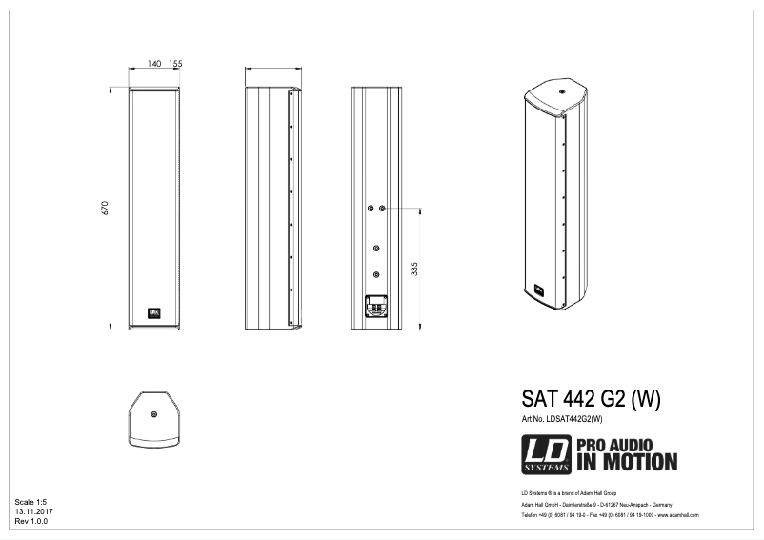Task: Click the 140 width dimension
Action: (154, 63)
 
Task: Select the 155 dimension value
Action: (175, 63)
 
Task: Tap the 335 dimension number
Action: (413, 270)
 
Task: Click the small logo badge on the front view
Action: (154, 310)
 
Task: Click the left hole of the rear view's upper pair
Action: (371, 208)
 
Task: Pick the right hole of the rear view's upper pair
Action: (382, 208)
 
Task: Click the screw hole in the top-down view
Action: (154, 413)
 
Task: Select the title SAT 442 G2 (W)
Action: (591, 397)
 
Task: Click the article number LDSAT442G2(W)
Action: (562, 419)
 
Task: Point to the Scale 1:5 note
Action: (30, 501)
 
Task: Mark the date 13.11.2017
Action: (33, 511)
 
